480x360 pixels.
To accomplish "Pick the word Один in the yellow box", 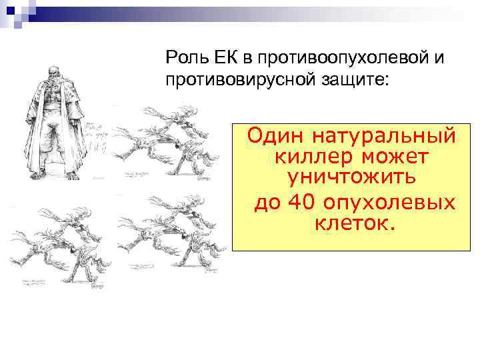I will (273, 136).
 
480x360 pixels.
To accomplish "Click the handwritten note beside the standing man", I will (97, 137).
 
